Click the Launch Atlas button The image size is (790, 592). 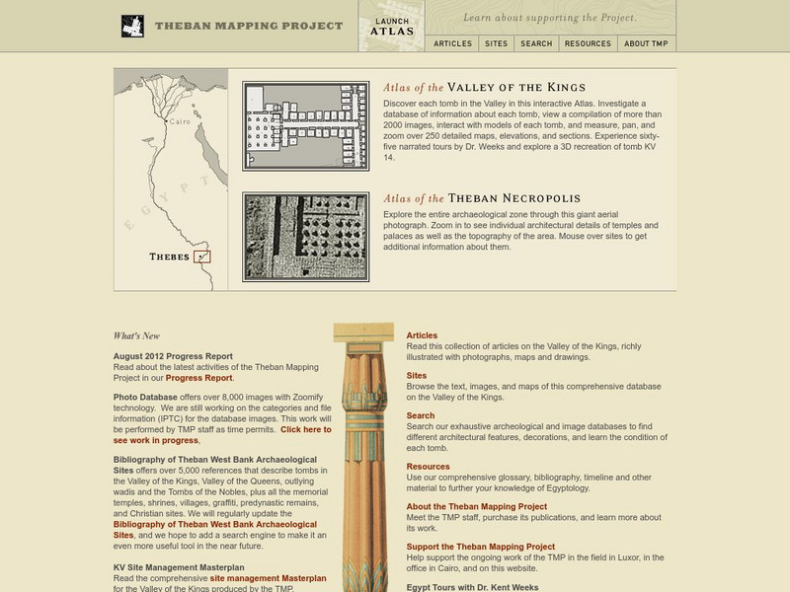pyautogui.click(x=392, y=26)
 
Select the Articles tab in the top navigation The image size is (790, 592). pyautogui.click(x=453, y=43)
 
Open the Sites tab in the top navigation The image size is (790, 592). pyautogui.click(x=495, y=43)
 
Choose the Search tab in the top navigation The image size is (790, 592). pyautogui.click(x=536, y=43)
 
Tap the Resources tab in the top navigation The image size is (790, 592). pyautogui.click(x=588, y=43)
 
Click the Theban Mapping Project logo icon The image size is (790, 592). pyautogui.click(x=132, y=27)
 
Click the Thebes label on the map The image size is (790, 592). pyautogui.click(x=169, y=257)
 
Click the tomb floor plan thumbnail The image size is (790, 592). pyautogui.click(x=306, y=126)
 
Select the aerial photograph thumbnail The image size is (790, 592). pyautogui.click(x=306, y=237)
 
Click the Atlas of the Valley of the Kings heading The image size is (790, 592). pyautogui.click(x=484, y=87)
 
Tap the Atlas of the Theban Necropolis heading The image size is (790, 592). pyautogui.click(x=482, y=197)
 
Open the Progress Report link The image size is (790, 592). pyautogui.click(x=198, y=378)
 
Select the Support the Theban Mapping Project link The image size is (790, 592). pyautogui.click(x=480, y=546)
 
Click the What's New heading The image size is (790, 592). pyautogui.click(x=136, y=335)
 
